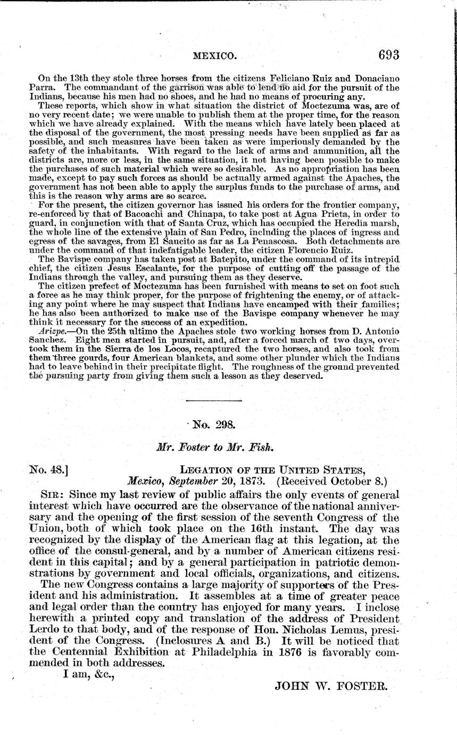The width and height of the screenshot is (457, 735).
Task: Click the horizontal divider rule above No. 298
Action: [214, 401]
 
